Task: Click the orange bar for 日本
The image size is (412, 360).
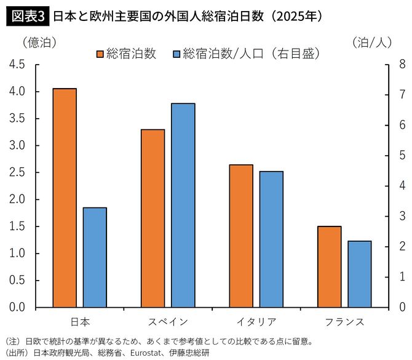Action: tap(65, 198)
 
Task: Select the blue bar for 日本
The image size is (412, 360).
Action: tap(95, 257)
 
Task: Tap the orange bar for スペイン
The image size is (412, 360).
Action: tap(153, 218)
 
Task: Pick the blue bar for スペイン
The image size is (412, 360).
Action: tap(183, 205)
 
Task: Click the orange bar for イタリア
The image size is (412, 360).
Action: tap(240, 236)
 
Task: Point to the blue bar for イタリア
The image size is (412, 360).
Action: tap(271, 239)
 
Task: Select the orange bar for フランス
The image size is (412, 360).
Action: tap(329, 266)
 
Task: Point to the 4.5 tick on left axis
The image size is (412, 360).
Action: tap(17, 64)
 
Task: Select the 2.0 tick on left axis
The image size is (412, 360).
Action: tap(17, 199)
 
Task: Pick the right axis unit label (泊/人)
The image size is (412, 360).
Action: tap(372, 42)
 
